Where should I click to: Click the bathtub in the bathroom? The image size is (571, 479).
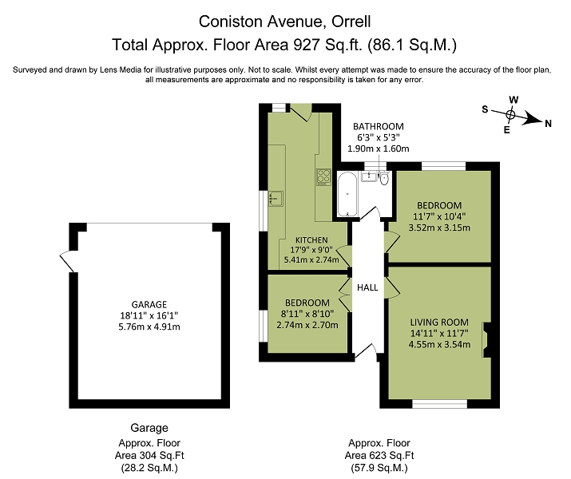[x=348, y=194]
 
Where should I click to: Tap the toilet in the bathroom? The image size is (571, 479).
[x=384, y=178]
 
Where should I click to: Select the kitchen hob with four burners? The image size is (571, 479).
[x=323, y=177]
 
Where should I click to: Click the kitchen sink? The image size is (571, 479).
[x=276, y=198]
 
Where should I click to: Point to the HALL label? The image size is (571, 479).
[x=367, y=287]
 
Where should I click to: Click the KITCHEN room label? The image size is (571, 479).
[x=311, y=239]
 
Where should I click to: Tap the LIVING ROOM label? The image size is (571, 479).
[x=439, y=322]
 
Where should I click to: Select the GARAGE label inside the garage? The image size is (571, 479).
[x=149, y=304]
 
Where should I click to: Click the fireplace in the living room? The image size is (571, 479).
[x=486, y=339]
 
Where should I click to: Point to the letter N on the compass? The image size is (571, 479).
[x=548, y=124]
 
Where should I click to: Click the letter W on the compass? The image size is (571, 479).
[x=514, y=100]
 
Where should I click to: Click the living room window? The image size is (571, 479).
[x=439, y=404]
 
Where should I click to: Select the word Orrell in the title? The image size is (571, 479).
[x=351, y=22]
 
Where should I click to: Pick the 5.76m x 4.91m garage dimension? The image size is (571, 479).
[x=149, y=327]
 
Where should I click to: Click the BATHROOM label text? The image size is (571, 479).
[x=379, y=126]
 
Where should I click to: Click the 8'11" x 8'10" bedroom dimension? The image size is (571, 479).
[x=307, y=314]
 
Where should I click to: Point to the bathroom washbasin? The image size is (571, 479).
[x=369, y=176]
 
